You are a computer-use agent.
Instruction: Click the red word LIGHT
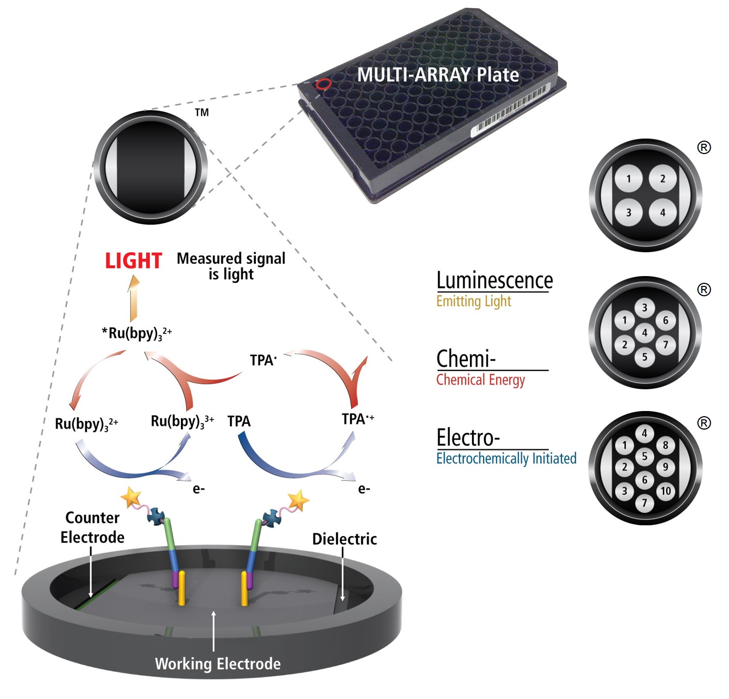coord(133,261)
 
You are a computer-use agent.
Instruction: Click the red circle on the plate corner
coord(324,84)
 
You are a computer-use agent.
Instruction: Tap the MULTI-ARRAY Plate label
coord(438,75)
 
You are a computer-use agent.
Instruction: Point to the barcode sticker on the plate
coord(509,111)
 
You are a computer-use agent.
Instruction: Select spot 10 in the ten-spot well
coord(665,491)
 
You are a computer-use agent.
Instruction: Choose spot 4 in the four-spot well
coord(662,212)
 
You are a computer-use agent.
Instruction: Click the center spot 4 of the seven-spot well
coord(644,332)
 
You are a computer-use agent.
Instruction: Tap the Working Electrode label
coord(218,664)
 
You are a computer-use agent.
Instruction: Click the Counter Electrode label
coord(92,527)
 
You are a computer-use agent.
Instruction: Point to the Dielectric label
coord(344,539)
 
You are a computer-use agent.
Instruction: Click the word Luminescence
coord(494,281)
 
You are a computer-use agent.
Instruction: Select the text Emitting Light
coord(474,301)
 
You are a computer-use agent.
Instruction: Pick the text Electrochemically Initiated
coord(506,459)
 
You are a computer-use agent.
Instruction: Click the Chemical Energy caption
coord(480,380)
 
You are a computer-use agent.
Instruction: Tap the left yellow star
coord(131,497)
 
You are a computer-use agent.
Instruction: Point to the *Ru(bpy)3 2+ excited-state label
coord(137,333)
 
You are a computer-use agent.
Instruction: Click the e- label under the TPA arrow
coord(364,489)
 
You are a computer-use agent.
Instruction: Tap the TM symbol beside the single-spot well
coord(202,113)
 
